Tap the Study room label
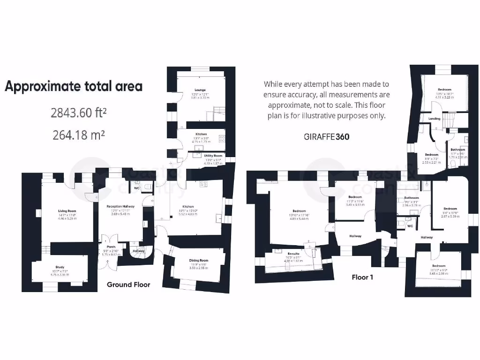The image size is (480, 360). tap(60, 267)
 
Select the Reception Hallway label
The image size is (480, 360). tap(120, 206)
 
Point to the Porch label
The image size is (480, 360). tap(111, 247)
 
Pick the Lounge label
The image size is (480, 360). tap(201, 90)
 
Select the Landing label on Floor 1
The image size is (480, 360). tap(435, 119)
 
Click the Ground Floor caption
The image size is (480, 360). tap(128, 285)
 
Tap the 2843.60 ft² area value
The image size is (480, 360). tap(78, 113)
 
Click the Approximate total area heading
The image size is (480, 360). tap(74, 86)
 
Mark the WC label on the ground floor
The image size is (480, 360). tap(137, 188)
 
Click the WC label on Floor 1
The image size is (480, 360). tap(410, 226)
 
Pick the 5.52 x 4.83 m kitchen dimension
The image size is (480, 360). tap(188, 214)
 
